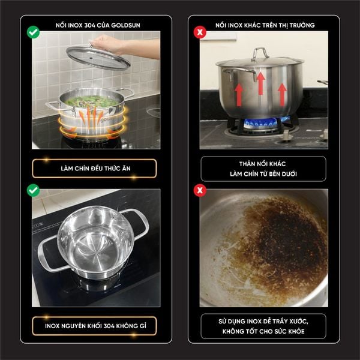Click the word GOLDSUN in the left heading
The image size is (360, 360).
(x=125, y=25)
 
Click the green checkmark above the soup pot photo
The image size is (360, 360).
(x=33, y=32)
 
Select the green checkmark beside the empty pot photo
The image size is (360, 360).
(x=33, y=190)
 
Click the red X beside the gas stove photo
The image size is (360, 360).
(x=200, y=32)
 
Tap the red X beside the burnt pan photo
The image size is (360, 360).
(x=200, y=190)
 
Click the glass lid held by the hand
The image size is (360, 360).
(x=98, y=58)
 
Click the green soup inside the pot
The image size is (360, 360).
(x=91, y=101)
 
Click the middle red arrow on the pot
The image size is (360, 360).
(x=260, y=83)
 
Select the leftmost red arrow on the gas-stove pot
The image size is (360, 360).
(x=239, y=95)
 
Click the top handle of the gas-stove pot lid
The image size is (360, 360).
(x=260, y=53)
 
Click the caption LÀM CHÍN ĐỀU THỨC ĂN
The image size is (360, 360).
(x=96, y=169)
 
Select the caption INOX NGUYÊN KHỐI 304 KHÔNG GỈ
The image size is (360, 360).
(x=95, y=326)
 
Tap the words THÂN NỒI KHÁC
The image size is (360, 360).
(x=262, y=164)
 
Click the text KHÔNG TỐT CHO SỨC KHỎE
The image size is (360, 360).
(x=263, y=331)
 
